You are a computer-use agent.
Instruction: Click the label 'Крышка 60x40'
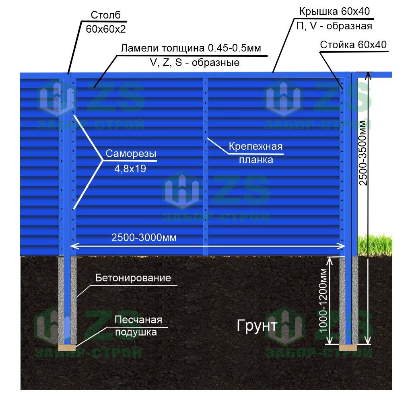[x=334, y=12]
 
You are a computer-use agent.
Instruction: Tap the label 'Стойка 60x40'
[x=353, y=45]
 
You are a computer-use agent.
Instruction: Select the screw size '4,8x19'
[x=130, y=169]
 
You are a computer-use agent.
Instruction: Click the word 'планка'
[x=256, y=160]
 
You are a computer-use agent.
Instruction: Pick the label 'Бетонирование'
[x=133, y=278]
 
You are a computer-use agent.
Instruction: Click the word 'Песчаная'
[x=138, y=320]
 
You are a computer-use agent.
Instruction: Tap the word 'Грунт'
[x=256, y=325]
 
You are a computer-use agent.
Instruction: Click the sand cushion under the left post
[x=67, y=347]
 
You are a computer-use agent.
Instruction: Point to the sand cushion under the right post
[x=348, y=347]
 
